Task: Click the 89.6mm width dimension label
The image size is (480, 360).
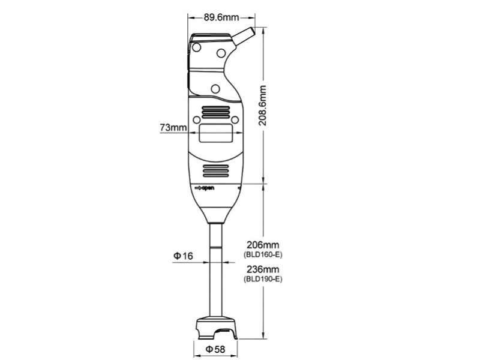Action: point(221,17)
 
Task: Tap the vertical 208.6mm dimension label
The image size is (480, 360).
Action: point(263,106)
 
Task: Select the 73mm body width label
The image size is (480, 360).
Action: point(173,127)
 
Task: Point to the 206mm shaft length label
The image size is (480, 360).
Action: point(263,245)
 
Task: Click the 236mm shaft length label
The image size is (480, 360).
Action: point(263,269)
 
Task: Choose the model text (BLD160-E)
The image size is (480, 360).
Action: point(263,254)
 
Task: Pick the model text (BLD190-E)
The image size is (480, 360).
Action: point(263,279)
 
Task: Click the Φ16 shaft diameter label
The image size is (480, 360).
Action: point(184,256)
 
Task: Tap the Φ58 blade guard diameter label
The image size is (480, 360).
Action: point(215,349)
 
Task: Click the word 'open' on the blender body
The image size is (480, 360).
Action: point(207,188)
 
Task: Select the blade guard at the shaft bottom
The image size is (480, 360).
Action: point(217,328)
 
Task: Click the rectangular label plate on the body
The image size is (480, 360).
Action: point(216,133)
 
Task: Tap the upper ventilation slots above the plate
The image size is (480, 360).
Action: point(215,112)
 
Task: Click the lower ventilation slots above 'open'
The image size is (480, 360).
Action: point(216,170)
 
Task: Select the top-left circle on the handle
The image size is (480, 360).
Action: point(196,47)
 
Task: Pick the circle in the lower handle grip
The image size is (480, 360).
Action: point(215,89)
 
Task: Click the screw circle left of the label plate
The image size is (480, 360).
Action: point(197,119)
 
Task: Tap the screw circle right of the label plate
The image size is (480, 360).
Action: point(235,119)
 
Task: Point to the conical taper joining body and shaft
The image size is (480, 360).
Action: point(216,215)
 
